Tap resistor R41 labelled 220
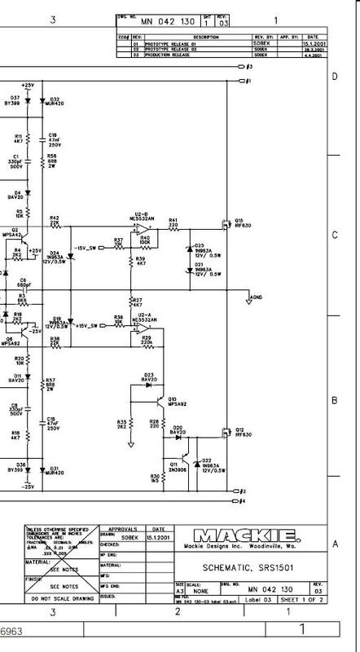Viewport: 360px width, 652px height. (173, 225)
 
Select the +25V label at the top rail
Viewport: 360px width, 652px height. (29, 85)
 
